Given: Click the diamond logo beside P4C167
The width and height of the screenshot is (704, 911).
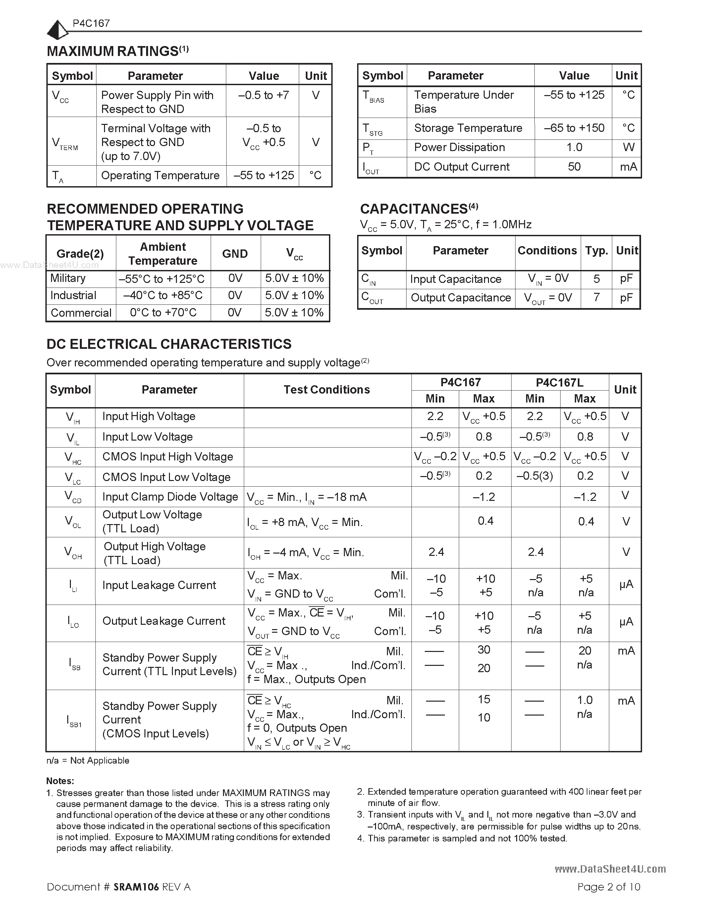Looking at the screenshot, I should pyautogui.click(x=57, y=30).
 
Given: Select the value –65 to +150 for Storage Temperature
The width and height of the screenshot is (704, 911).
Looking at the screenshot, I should pyautogui.click(x=574, y=128).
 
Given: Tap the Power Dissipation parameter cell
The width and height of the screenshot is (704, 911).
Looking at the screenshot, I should pyautogui.click(x=459, y=147).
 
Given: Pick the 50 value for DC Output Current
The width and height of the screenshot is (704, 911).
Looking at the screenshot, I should pyautogui.click(x=574, y=167).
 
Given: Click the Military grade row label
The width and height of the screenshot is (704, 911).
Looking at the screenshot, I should pyautogui.click(x=68, y=278).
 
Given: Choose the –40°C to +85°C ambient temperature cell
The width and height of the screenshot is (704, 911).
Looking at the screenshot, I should pyautogui.click(x=163, y=295).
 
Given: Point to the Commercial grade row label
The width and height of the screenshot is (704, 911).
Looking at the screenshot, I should pyautogui.click(x=81, y=313).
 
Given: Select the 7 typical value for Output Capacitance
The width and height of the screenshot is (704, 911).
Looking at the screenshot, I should pyautogui.click(x=596, y=297).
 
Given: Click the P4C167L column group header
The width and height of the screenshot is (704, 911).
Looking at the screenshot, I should pyautogui.click(x=559, y=382).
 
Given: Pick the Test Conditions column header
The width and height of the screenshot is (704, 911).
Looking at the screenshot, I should pyautogui.click(x=327, y=390).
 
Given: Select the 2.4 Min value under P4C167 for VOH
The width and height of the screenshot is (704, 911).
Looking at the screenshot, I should pyautogui.click(x=436, y=552).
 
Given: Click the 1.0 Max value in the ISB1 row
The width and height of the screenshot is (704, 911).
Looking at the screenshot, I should pyautogui.click(x=585, y=700).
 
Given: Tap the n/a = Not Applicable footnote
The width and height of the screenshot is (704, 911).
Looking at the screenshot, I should pyautogui.click(x=88, y=760).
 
